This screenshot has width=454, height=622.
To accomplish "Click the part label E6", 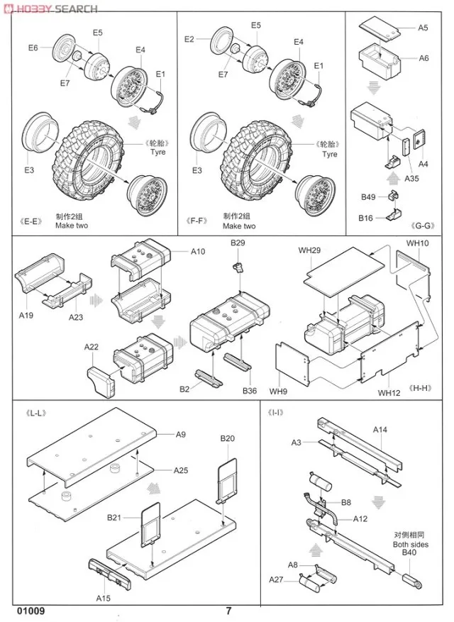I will click(x=33, y=48).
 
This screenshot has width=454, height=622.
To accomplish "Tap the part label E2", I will click(x=189, y=39).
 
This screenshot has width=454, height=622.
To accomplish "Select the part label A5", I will click(x=423, y=28).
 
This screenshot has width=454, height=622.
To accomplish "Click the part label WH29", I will click(x=309, y=250).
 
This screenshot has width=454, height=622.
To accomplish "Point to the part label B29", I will click(x=238, y=243).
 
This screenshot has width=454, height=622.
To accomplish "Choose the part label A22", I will click(x=91, y=347).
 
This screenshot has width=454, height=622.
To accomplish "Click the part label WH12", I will click(x=389, y=392).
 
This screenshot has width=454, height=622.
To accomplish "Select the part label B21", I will click(x=116, y=518).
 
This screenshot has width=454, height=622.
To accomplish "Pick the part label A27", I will click(x=276, y=580).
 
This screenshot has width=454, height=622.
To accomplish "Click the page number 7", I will click(x=228, y=611).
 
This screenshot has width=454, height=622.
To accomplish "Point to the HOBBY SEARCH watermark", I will click(x=50, y=8).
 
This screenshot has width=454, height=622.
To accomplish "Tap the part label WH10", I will click(x=418, y=243).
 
